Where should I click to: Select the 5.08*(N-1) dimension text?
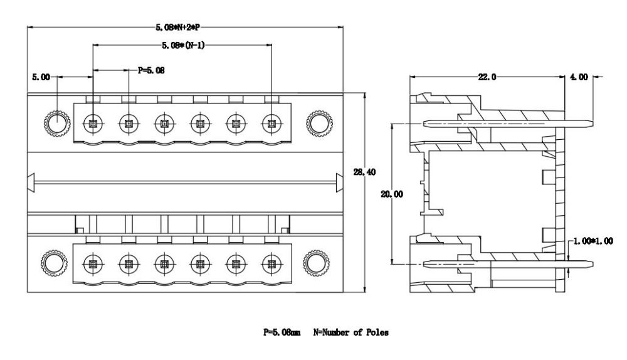[181, 45]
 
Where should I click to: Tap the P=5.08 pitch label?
[151, 70]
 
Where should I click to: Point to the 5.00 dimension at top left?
[41, 77]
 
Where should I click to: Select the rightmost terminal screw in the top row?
[271, 123]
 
